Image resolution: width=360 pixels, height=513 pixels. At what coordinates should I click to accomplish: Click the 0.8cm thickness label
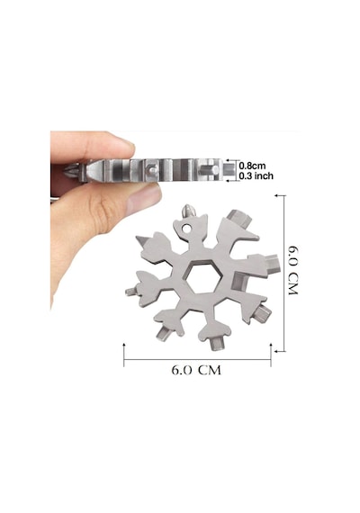pyautogui.click(x=252, y=166)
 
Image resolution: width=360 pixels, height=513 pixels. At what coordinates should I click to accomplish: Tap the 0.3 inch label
pyautogui.click(x=256, y=176)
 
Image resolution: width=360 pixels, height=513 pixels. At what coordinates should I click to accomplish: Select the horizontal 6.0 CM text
pyautogui.click(x=196, y=370)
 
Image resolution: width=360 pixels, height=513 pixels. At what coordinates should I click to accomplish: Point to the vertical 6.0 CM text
pyautogui.click(x=292, y=270)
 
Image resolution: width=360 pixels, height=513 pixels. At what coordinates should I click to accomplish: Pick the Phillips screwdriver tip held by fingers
pyautogui.click(x=71, y=171)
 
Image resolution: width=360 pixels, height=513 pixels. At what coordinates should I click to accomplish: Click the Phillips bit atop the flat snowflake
pyautogui.click(x=188, y=211)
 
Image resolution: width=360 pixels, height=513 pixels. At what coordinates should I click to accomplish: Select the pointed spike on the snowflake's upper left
pyautogui.click(x=142, y=242)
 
